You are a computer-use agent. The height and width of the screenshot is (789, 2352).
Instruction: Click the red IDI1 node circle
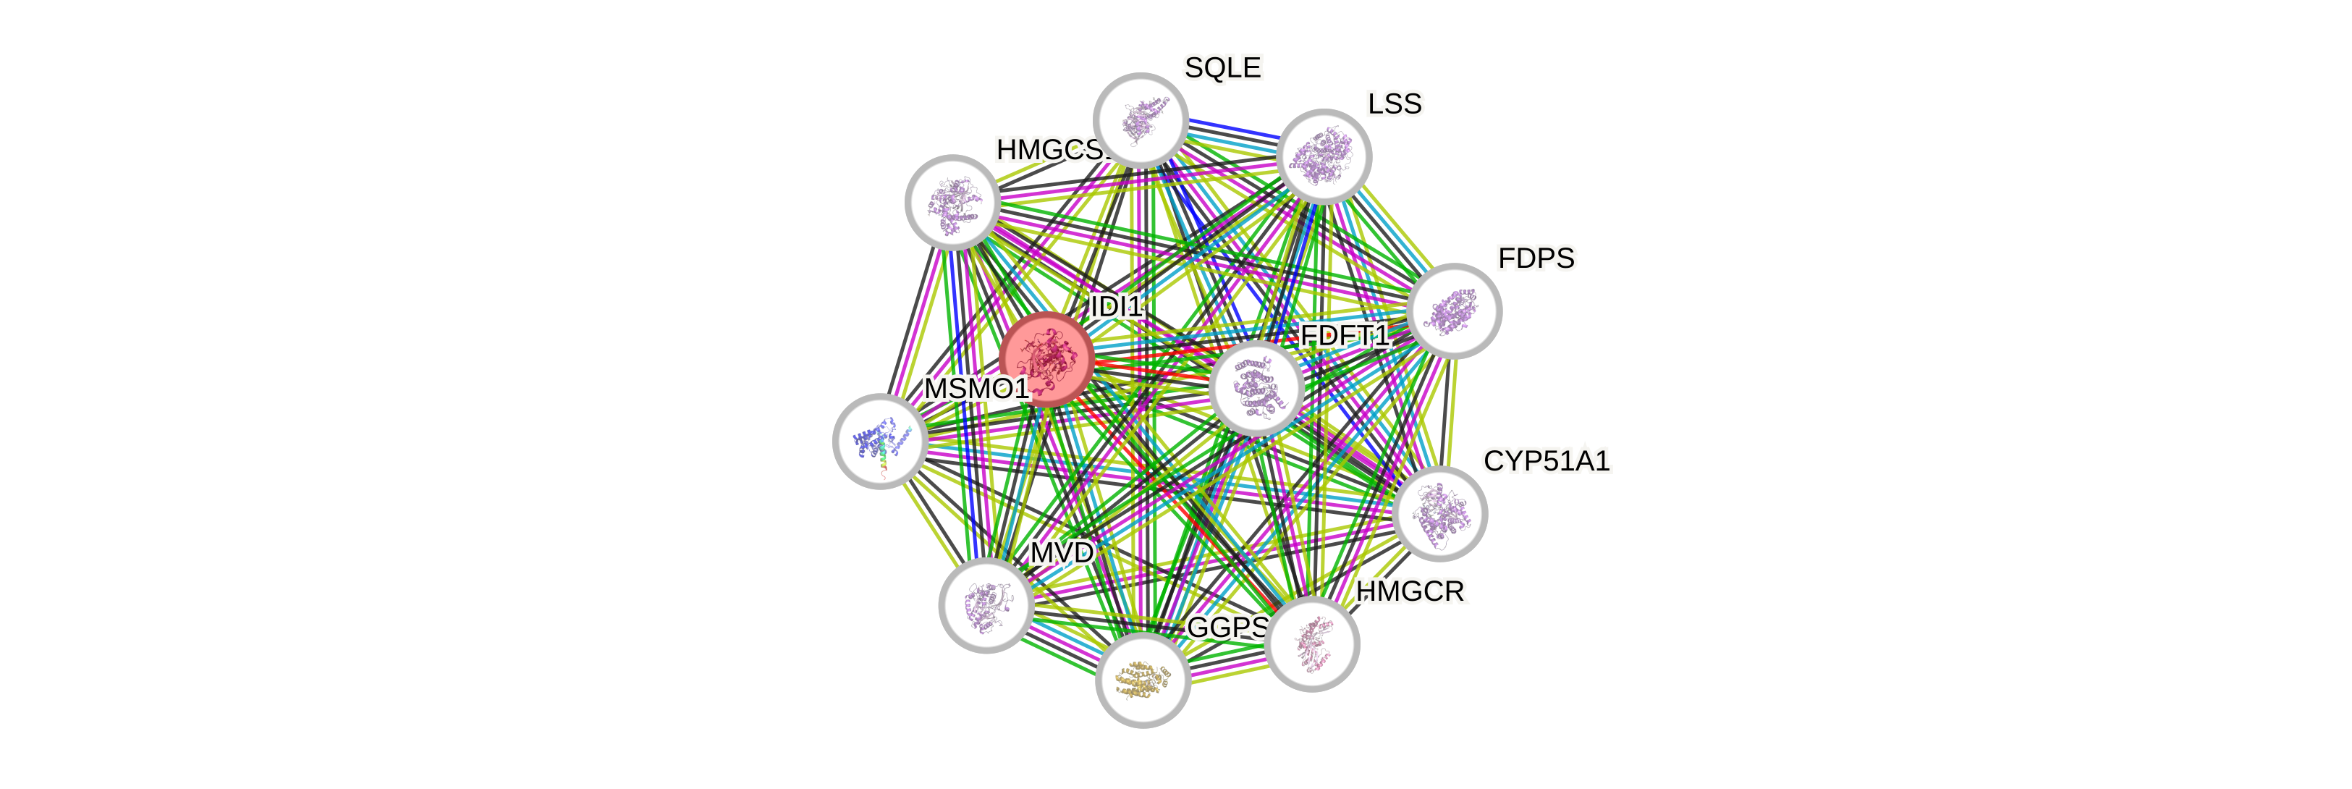1046,359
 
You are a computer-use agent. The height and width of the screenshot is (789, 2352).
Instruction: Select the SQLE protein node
1141,119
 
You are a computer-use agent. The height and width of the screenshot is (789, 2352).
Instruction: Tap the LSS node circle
1324,156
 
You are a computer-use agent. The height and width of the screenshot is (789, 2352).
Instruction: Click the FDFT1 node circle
1256,387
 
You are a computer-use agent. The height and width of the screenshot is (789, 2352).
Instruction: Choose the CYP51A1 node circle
1441,513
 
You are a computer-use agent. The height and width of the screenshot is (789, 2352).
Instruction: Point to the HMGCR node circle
1313,644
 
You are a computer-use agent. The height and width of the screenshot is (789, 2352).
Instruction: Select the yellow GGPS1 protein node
1142,680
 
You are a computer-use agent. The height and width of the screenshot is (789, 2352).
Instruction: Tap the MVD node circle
986,604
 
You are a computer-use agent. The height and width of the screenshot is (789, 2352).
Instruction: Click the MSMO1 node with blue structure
880,441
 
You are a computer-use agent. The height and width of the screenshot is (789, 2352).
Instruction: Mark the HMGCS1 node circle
952,202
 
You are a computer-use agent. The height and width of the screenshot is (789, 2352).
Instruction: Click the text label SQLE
1222,67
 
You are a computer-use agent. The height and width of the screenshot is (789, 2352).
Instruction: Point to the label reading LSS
1395,104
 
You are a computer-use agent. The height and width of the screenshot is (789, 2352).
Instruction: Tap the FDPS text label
1536,258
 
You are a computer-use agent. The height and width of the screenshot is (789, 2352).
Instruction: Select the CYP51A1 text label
1547,461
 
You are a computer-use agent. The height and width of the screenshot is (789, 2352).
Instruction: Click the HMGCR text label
1410,592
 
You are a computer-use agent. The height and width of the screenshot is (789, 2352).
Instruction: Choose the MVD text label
1061,552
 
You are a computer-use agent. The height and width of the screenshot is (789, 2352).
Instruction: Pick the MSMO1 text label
976,389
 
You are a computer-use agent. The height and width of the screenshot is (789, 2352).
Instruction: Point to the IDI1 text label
1116,307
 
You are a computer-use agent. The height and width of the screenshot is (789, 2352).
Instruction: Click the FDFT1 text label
1345,336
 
